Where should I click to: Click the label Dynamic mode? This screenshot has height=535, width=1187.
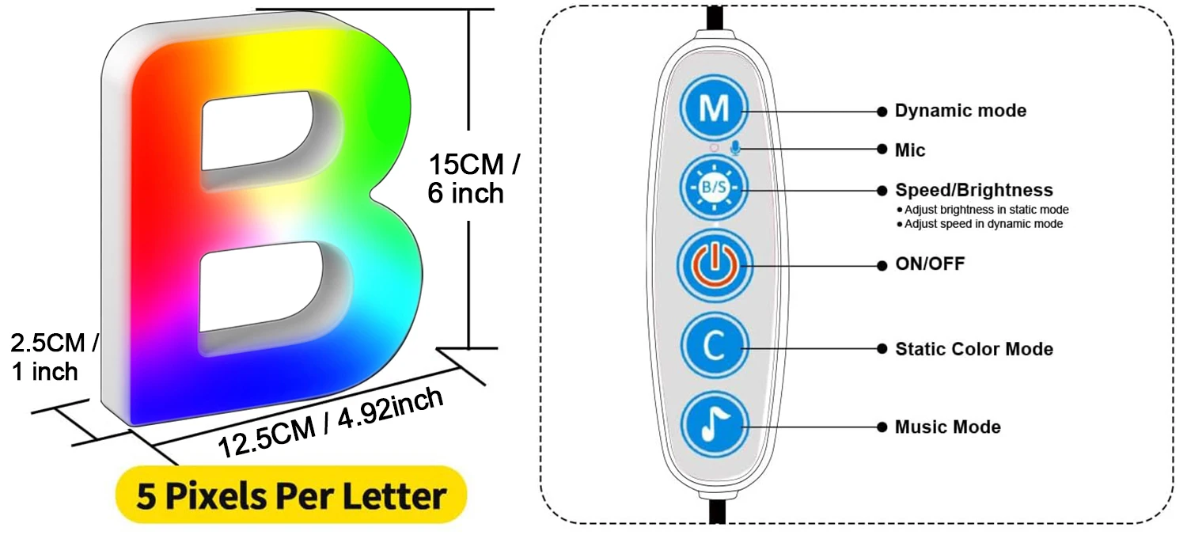960,111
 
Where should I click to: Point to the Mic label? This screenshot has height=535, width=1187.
910,150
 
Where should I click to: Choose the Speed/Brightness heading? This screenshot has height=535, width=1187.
973,190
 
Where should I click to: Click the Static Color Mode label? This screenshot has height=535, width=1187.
973,349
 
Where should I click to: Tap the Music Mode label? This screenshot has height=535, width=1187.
947,427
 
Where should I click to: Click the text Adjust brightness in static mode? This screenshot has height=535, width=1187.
986,210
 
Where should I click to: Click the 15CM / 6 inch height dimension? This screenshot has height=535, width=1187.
473,179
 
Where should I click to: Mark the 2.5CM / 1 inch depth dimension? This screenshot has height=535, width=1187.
53,356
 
